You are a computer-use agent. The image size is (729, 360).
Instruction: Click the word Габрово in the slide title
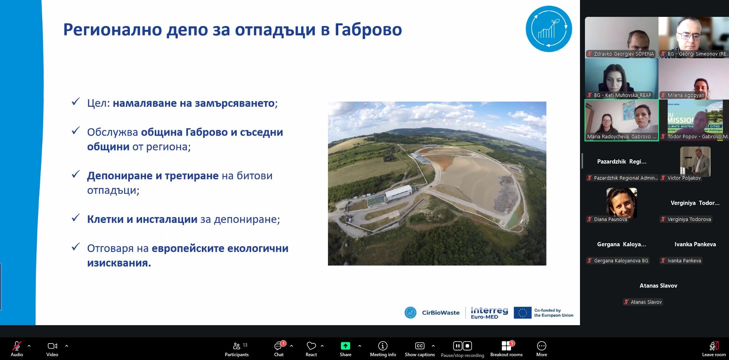368,29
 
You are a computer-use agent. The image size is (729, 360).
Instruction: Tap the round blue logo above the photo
549,29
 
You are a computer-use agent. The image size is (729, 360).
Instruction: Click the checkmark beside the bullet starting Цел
76,101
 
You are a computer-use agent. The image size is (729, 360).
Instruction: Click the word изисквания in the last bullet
119,263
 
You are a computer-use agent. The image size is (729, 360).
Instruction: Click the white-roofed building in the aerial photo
398,192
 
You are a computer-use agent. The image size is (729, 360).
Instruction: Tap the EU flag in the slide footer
523,313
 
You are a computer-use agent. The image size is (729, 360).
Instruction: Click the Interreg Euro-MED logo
489,313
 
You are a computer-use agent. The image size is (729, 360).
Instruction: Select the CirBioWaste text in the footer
441,313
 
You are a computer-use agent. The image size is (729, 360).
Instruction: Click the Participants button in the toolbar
237,349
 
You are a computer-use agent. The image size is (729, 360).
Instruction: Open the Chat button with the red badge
279,349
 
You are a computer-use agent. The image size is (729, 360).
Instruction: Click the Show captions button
420,349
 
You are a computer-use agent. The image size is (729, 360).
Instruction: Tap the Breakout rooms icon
506,346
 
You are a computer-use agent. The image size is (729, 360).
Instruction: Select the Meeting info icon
383,346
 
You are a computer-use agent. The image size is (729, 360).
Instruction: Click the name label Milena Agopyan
686,95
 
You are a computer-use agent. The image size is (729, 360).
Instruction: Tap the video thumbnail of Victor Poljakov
695,162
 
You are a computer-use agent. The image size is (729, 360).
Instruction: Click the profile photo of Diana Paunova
621,203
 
